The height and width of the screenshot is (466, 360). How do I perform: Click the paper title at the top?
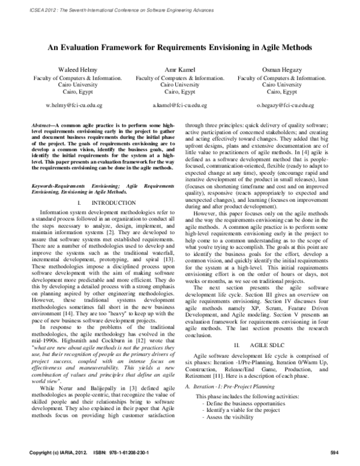click(x=180, y=46)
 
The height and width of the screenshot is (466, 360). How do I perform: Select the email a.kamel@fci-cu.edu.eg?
click(x=180, y=104)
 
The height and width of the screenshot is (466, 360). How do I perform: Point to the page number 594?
click(x=326, y=452)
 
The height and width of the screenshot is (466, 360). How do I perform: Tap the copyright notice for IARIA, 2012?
click(x=61, y=452)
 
